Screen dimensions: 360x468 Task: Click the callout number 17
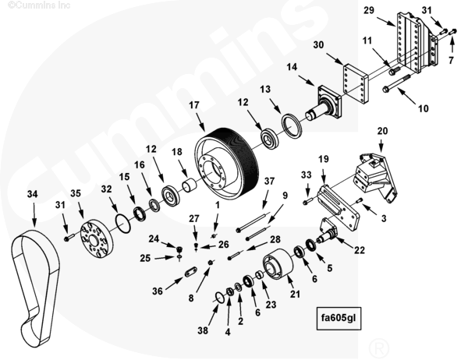[x=193, y=104]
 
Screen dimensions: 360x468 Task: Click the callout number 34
[x=32, y=192]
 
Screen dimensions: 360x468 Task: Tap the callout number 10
[x=423, y=109]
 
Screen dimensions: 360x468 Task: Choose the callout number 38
[x=203, y=331]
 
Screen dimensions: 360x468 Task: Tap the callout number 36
[x=158, y=291]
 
